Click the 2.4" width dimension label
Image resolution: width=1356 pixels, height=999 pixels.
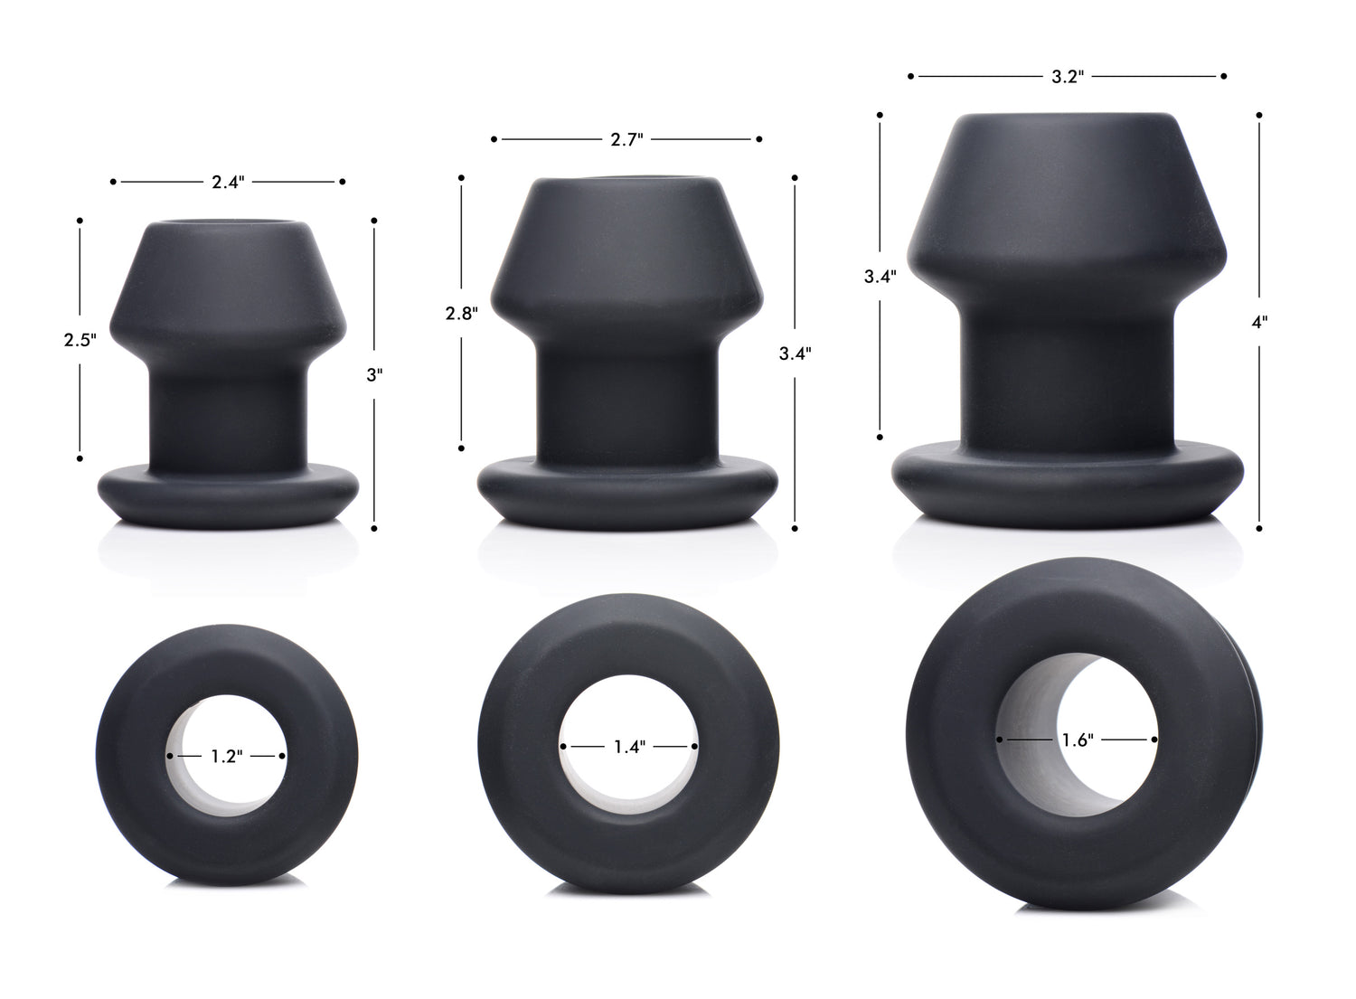pyautogui.click(x=228, y=182)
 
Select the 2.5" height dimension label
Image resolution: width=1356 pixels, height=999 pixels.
pyautogui.click(x=80, y=340)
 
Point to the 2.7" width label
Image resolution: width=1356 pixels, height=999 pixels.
pyautogui.click(x=626, y=139)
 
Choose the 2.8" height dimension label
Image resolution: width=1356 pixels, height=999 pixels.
pyautogui.click(x=461, y=314)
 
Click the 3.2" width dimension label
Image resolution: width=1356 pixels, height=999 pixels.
pyautogui.click(x=1067, y=77)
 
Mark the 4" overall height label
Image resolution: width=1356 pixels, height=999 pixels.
pyautogui.click(x=1259, y=322)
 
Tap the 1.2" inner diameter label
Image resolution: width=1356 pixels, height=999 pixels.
pyautogui.click(x=226, y=756)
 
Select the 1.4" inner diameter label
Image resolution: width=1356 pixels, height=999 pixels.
pyautogui.click(x=628, y=747)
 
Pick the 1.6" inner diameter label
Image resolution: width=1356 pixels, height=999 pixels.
pyautogui.click(x=1078, y=740)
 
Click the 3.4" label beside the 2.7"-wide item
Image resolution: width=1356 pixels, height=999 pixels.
pyautogui.click(x=795, y=353)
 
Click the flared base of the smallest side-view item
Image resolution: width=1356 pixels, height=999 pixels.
pyautogui.click(x=228, y=493)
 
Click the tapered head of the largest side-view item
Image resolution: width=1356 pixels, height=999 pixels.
pyautogui.click(x=1067, y=199)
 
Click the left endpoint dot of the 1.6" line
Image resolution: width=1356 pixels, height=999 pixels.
pyautogui.click(x=1000, y=740)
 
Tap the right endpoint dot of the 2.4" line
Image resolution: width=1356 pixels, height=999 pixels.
pyautogui.click(x=342, y=182)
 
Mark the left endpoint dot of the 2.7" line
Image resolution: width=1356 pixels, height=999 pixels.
pyautogui.click(x=494, y=139)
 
